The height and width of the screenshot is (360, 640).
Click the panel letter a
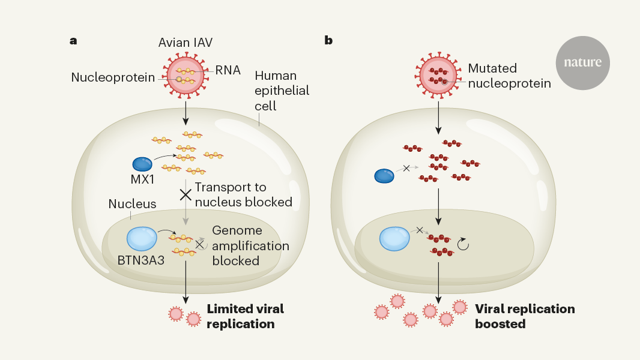(73, 41)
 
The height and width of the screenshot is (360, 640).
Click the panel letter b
(328, 40)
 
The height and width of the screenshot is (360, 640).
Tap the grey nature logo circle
(582, 62)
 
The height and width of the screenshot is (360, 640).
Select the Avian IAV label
(185, 43)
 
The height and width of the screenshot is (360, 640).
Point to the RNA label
(228, 70)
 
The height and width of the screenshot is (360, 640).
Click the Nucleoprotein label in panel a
(112, 77)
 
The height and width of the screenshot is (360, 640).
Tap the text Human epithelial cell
(282, 91)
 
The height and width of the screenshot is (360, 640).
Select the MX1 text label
(141, 180)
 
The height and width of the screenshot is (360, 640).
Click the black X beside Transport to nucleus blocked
(186, 194)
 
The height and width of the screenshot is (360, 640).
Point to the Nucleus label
(132, 204)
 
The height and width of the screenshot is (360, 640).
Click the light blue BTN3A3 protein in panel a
(142, 238)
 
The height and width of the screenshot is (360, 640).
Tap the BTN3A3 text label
(141, 262)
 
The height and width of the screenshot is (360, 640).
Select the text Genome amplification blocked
(250, 246)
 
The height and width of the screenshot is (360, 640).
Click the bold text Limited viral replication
(245, 316)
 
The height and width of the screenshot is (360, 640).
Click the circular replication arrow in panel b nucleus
(463, 244)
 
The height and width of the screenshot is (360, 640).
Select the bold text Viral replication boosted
(524, 316)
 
